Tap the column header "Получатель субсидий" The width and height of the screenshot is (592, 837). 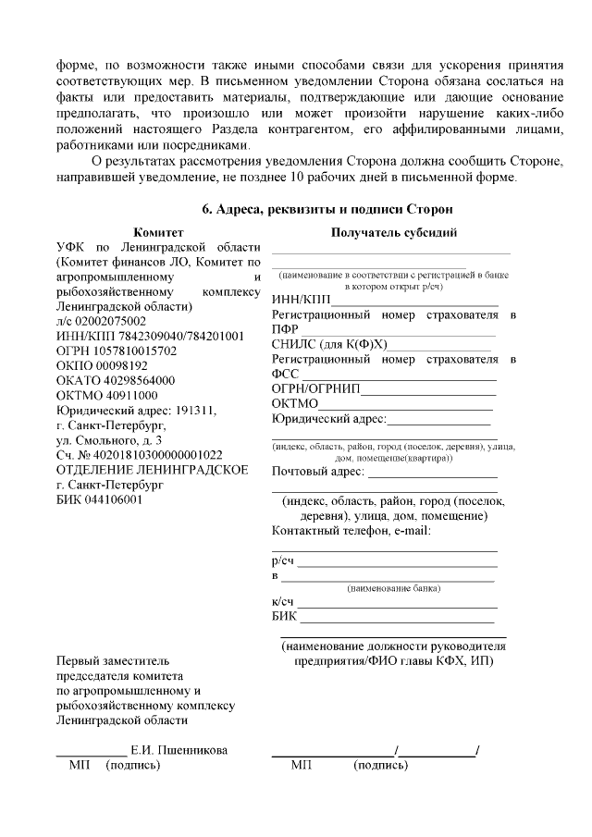(x=393, y=233)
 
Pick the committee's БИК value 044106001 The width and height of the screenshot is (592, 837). (x=116, y=499)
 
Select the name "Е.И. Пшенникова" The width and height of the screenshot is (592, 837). (x=179, y=750)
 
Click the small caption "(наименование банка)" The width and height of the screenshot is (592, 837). (x=393, y=588)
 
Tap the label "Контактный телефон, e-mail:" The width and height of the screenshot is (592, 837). (x=351, y=530)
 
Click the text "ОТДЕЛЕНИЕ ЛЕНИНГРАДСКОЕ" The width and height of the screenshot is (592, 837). (x=152, y=470)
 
